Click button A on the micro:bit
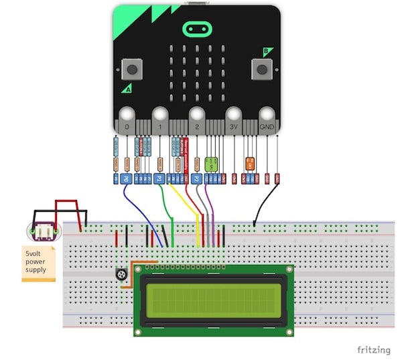[131, 68]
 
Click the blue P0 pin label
[124, 179]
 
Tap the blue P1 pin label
[159, 179]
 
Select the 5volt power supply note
[37, 263]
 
